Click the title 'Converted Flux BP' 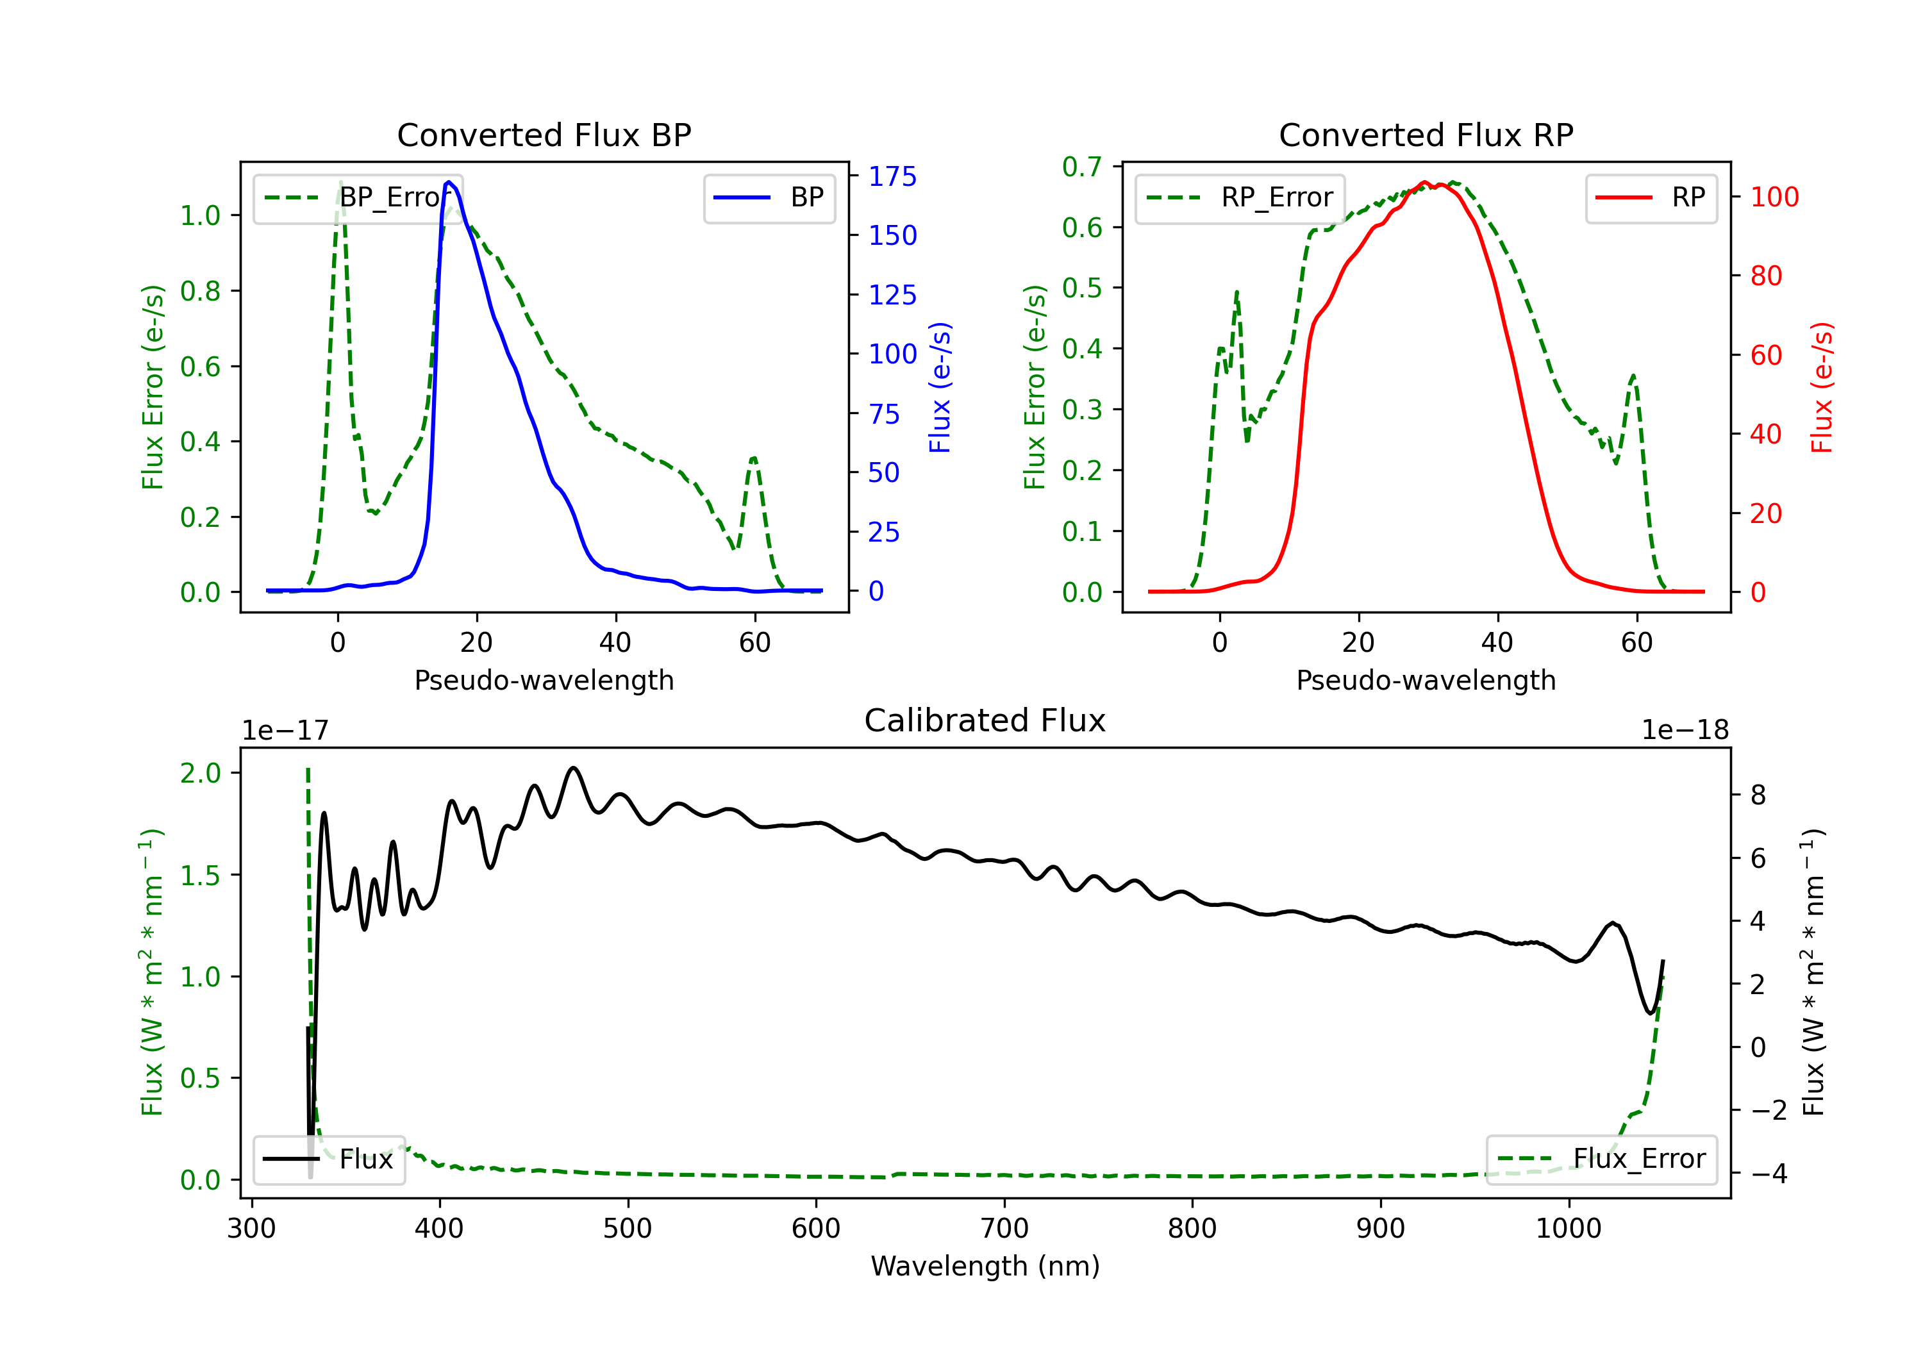(x=544, y=135)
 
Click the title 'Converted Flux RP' (x=1426, y=135)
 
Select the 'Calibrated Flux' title (x=985, y=720)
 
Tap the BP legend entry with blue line (x=769, y=197)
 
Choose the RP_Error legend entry (x=1240, y=197)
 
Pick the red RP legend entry (x=1651, y=197)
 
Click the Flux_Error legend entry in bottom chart (x=1601, y=1159)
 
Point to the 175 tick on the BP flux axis (x=893, y=177)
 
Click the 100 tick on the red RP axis (x=1775, y=197)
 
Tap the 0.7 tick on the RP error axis (x=1082, y=167)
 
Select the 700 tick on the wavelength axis (x=1004, y=1229)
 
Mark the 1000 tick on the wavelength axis (x=1569, y=1229)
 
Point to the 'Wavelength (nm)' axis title (x=985, y=1267)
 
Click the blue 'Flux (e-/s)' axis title (x=940, y=387)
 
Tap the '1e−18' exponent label (x=1685, y=731)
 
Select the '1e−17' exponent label (x=286, y=731)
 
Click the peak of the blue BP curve (x=449, y=182)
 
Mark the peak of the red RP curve (x=1424, y=182)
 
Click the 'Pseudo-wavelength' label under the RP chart (x=1426, y=680)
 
